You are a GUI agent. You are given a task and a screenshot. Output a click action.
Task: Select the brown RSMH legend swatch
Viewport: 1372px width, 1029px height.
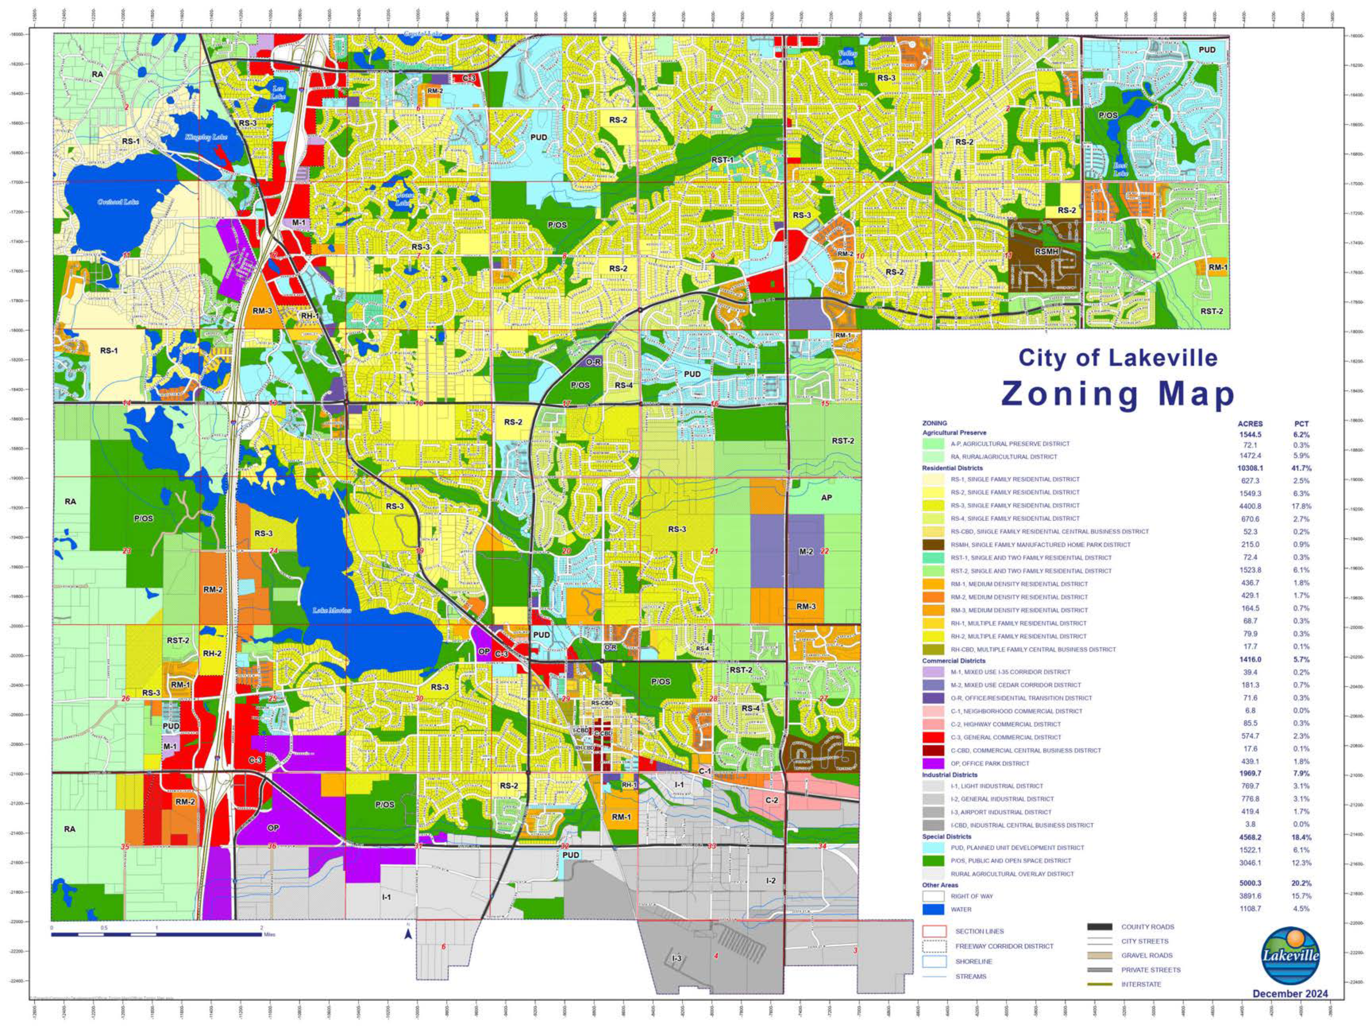(933, 545)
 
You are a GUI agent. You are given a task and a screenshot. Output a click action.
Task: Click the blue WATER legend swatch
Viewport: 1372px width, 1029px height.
(933, 909)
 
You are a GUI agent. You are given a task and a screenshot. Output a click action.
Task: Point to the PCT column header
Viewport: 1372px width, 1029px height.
(1301, 424)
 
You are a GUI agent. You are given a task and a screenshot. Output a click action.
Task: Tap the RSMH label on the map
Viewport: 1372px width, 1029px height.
(1046, 252)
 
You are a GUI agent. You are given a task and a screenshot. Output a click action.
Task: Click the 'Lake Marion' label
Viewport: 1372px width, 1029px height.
(332, 610)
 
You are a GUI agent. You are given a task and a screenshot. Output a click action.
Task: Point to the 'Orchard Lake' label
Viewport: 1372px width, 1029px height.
(118, 202)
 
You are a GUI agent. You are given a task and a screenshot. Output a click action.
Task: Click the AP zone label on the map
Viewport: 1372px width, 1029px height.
(826, 497)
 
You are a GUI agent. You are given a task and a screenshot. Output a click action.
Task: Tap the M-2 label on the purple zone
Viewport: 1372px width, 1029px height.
(806, 551)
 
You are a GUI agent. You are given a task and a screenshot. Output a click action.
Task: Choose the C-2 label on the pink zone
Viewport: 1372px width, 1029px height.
(771, 800)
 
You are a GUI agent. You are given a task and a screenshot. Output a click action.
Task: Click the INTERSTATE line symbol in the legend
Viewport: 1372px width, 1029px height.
(1100, 984)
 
